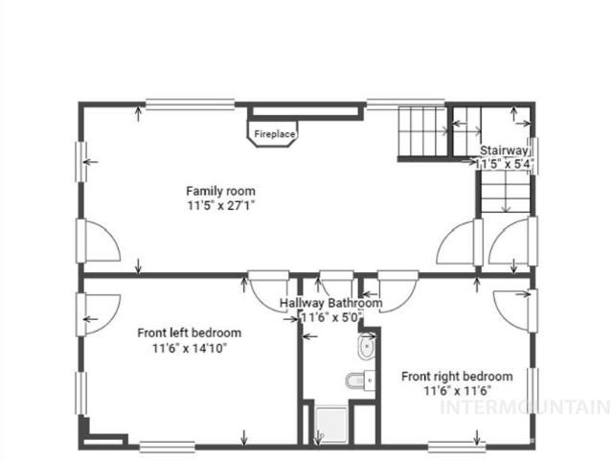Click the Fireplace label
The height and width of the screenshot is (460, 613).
[x=275, y=134]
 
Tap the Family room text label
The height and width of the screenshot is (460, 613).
[x=221, y=191]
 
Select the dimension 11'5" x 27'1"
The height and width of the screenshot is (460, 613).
[x=221, y=205]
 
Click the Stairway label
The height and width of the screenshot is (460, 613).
[x=504, y=150]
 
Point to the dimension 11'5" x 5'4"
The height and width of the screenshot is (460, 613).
[x=504, y=164]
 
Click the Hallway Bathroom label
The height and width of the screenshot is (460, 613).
[x=330, y=303]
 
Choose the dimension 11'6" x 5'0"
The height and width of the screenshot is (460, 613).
[x=331, y=317]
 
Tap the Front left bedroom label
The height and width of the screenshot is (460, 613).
[x=190, y=333]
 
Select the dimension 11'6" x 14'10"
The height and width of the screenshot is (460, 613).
[x=190, y=347]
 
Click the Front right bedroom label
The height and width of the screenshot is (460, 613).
[x=457, y=377]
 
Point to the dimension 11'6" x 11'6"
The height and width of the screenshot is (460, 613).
[x=458, y=390]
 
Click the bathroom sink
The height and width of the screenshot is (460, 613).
[x=367, y=347]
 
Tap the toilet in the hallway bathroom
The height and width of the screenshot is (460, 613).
[x=360, y=379]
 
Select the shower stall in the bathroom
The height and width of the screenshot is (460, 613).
[x=331, y=425]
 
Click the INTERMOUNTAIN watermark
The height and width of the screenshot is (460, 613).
[x=526, y=406]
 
